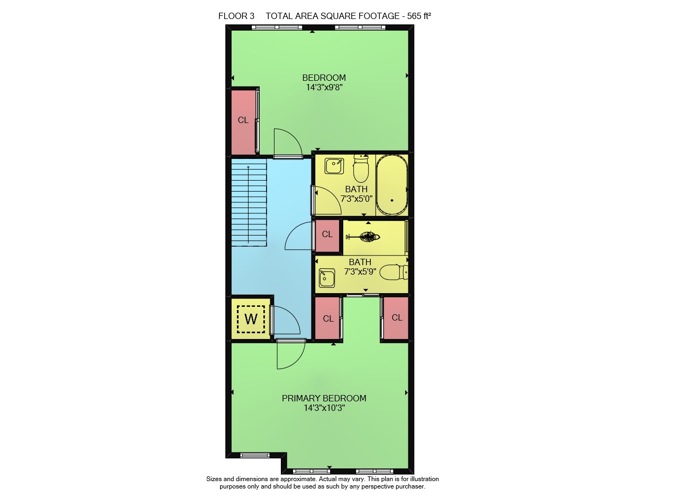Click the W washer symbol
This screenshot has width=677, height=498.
point(251,319)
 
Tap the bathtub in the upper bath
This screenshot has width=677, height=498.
point(392,185)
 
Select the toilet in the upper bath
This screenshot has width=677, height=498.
point(361,168)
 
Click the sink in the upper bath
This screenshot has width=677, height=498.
point(334,166)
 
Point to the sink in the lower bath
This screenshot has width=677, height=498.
point(327,278)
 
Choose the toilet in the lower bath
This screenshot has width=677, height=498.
point(394,273)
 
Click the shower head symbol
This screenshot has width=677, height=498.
point(363,237)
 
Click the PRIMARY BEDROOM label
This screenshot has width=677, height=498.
point(324,398)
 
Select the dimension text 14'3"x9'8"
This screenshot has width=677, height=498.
point(324,88)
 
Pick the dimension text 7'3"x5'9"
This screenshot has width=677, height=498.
point(360,271)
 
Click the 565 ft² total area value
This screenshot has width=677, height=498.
point(419,16)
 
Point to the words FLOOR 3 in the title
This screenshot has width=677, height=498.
point(236,16)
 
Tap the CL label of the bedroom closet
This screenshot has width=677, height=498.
point(243,120)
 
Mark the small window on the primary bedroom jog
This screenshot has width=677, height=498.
point(255,455)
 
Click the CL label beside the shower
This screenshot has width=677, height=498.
point(327,234)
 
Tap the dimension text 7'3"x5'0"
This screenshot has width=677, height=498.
point(356,199)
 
